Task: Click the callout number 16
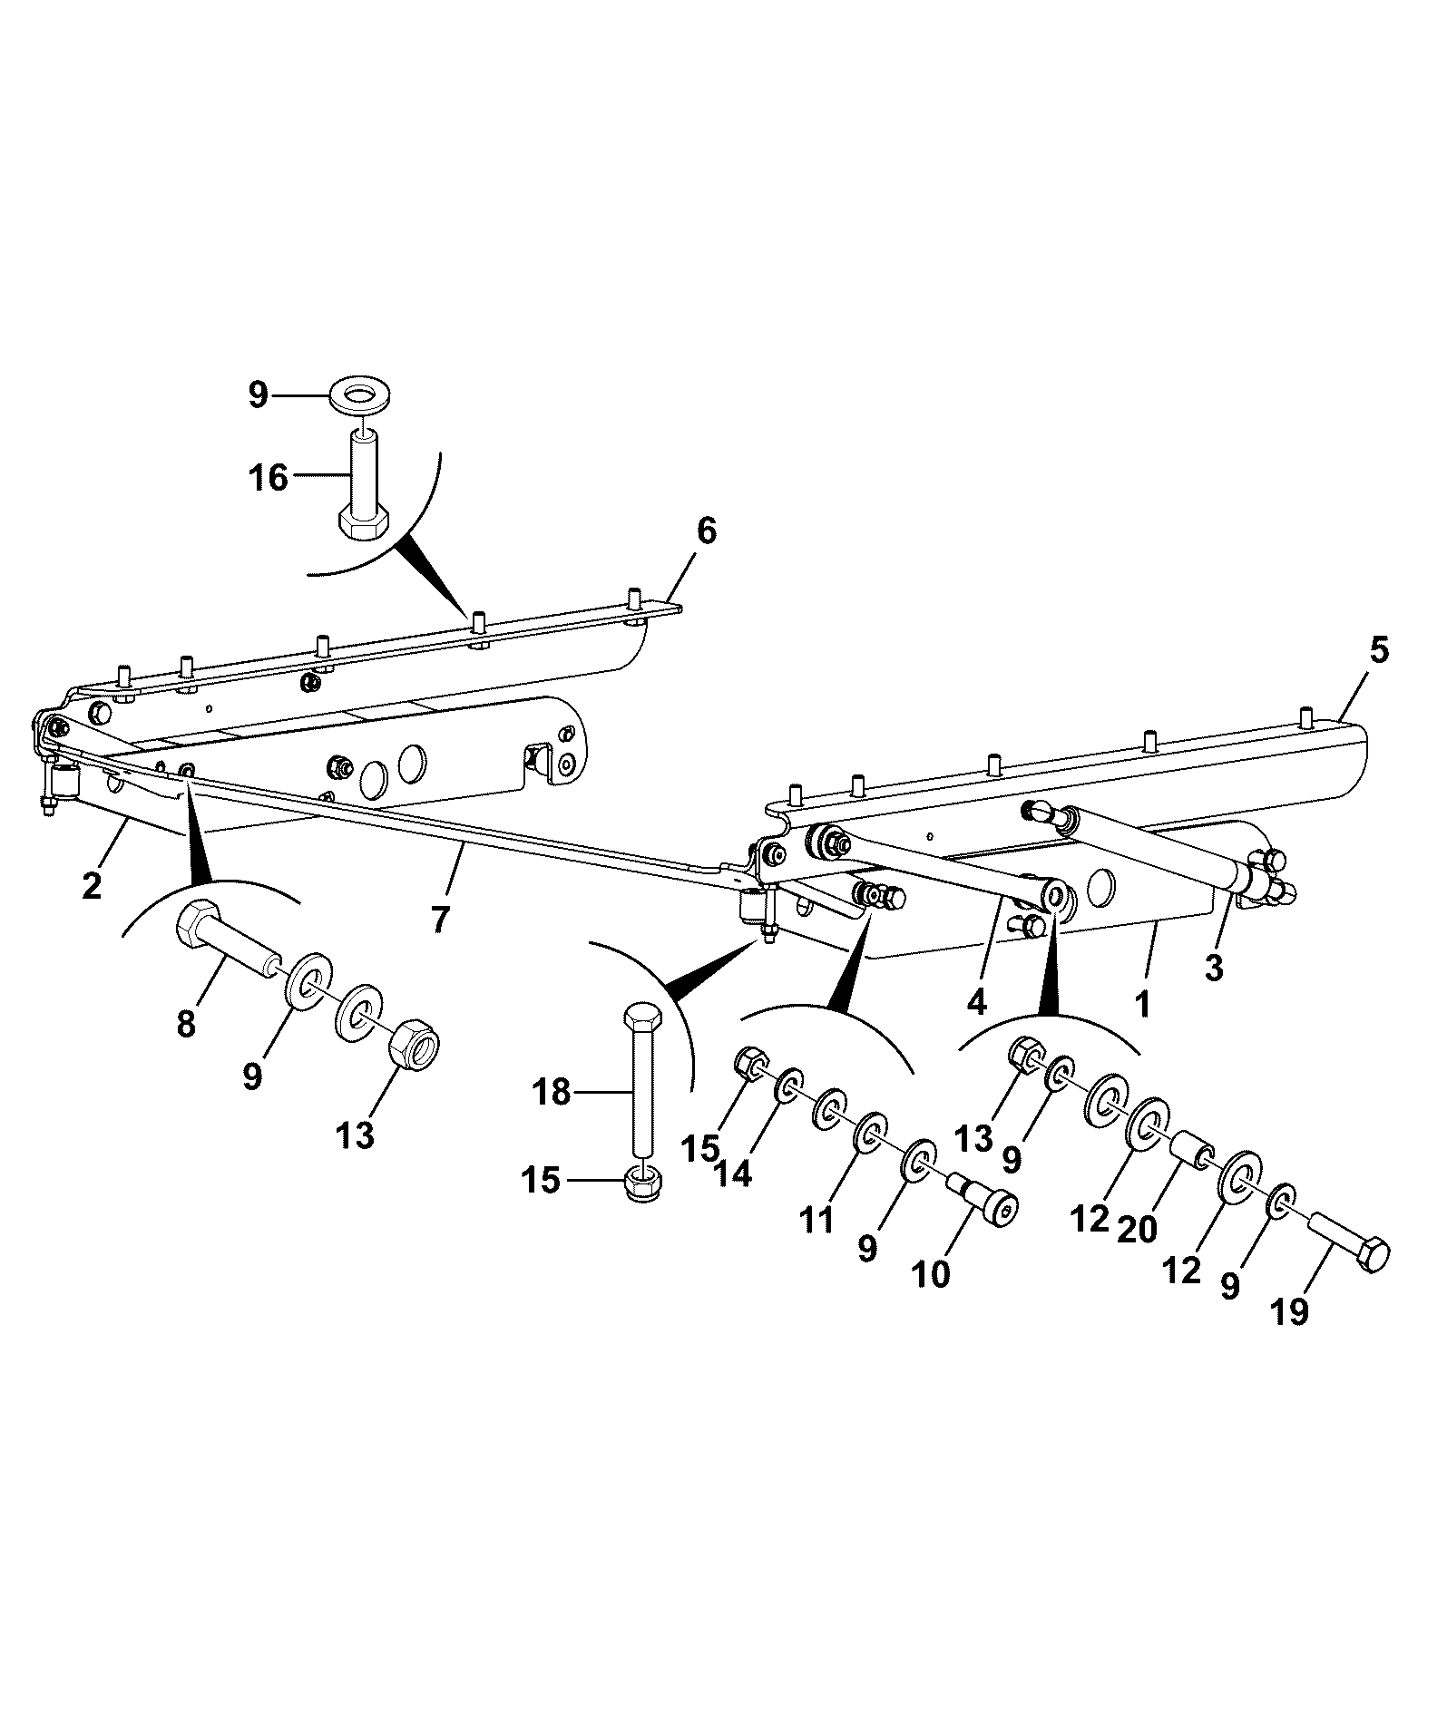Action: pos(268,477)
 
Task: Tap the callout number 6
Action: pos(706,531)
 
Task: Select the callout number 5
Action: pos(1379,652)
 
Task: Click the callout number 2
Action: pos(92,884)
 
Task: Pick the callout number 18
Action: pos(552,1093)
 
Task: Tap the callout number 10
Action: pos(932,1274)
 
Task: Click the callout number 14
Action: pos(732,1174)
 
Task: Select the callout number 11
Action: pos(817,1221)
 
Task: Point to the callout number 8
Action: pos(186,1024)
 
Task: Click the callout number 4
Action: pos(976,1001)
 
